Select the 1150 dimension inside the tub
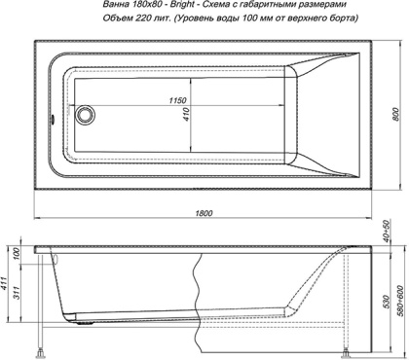pyautogui.click(x=175, y=101)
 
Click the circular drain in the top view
pyautogui.click(x=85, y=115)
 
